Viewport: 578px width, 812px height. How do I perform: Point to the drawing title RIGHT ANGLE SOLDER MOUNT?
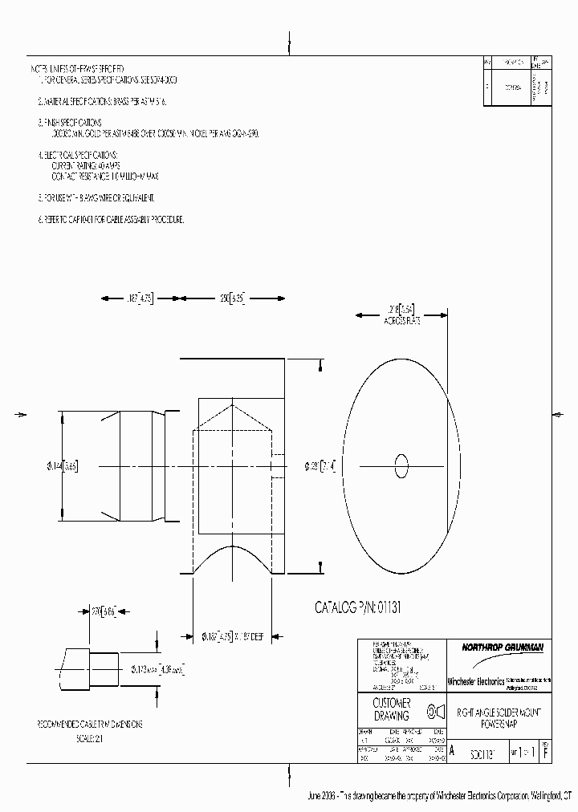[x=499, y=711]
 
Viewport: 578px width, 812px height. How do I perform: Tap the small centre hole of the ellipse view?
[x=402, y=465]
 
